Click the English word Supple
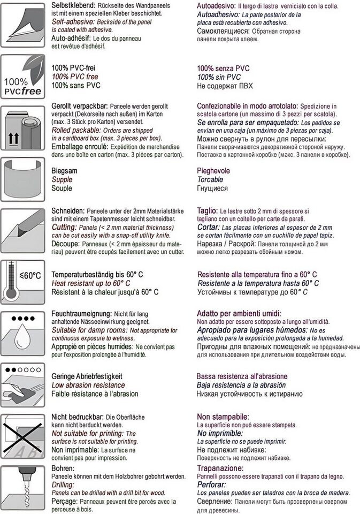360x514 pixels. tap(62, 180)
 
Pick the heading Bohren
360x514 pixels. tap(63, 468)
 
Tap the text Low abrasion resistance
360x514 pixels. tap(88, 385)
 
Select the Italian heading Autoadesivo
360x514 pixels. tap(217, 4)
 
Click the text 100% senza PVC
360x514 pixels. tap(223, 69)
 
